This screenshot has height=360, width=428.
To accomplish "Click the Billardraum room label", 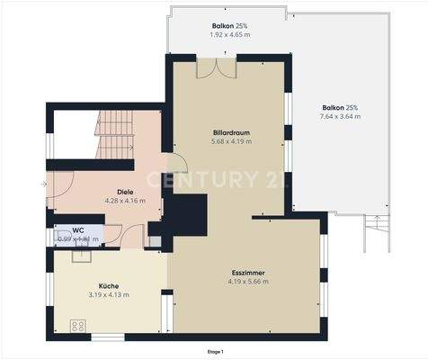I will tap(230, 132).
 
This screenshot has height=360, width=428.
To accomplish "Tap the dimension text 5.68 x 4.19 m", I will tap(230, 141).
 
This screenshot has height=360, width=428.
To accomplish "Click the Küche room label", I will tap(109, 284).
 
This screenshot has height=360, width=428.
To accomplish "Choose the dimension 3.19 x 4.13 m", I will tap(109, 294).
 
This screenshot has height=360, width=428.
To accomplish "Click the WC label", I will tap(78, 230).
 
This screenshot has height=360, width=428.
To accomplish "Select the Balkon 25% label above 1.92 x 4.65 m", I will tap(230, 24).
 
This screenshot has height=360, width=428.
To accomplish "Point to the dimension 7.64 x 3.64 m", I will tap(342, 116).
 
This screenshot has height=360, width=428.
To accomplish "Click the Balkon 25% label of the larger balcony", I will tap(342, 107).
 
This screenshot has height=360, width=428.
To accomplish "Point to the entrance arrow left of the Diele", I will tap(43, 184).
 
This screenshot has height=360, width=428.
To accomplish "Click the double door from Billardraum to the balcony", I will tap(216, 67).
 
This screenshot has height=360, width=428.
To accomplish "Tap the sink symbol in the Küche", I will tap(80, 255).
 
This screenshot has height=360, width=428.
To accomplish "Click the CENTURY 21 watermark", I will tap(229, 179).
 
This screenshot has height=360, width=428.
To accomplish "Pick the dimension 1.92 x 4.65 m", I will tap(230, 34).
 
